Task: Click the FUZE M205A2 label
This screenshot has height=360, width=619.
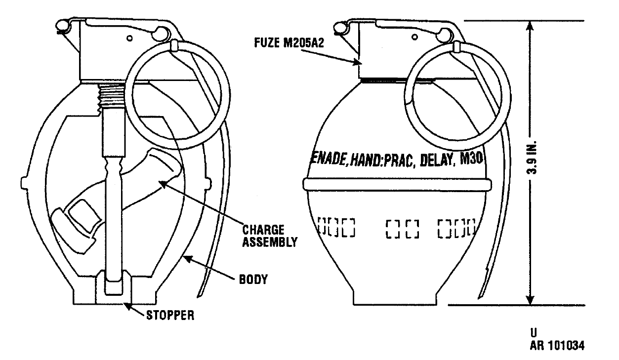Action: coord(289,43)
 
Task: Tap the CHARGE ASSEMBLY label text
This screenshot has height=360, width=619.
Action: coord(270,236)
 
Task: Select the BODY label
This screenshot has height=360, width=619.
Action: coord(253,280)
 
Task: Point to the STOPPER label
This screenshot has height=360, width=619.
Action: coord(170,315)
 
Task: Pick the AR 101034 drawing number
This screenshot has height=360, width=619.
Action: coord(557,346)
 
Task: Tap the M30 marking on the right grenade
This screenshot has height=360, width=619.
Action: coord(471,159)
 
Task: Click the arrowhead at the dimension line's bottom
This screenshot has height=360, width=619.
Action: coord(530,299)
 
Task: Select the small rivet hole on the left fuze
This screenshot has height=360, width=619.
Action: coord(129,38)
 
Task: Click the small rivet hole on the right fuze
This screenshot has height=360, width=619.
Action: coord(414,37)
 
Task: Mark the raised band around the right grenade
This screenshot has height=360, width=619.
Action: coord(397,184)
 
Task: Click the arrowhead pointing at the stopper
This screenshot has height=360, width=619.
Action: coord(127,307)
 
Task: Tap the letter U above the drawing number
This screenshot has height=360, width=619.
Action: coord(534,333)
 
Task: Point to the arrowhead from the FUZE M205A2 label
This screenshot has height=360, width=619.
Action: coord(357,62)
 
